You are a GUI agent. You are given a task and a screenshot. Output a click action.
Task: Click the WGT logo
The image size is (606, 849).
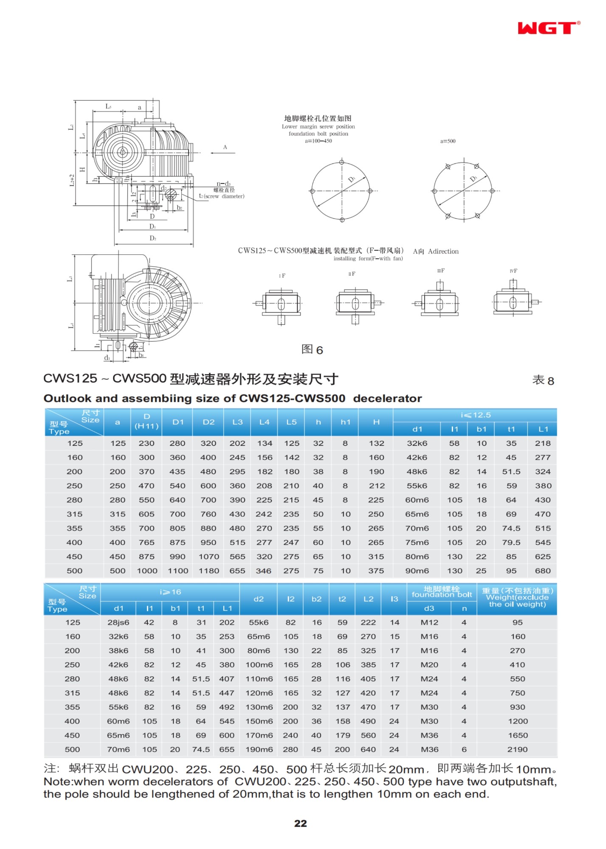pos(548,28)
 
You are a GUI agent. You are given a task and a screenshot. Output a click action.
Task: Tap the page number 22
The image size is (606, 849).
pos(300,823)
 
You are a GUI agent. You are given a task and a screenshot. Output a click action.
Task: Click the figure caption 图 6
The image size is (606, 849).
pos(312,349)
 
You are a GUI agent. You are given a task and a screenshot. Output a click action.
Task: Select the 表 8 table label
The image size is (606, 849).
pos(543,380)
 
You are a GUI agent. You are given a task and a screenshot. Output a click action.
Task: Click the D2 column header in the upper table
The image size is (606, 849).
pos(209,422)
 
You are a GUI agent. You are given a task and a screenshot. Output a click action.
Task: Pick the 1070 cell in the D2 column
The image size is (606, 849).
pos(209,557)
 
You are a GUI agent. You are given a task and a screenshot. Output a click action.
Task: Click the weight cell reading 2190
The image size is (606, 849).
pos(517,750)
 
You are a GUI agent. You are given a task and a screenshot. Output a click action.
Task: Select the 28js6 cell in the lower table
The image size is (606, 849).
pos(118,622)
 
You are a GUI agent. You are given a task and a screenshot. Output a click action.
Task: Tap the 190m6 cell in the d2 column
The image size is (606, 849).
pos(259,750)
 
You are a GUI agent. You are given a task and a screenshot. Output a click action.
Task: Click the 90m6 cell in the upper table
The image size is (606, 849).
pos(417,571)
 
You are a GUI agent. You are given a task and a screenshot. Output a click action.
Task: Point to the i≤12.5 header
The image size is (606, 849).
pos(475,415)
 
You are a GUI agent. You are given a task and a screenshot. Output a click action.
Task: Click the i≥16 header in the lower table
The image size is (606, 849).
pos(170,592)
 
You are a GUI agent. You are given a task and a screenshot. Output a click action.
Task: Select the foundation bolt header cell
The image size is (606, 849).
pos(442,592)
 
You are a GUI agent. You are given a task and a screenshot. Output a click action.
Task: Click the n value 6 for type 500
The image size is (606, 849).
pos(464,750)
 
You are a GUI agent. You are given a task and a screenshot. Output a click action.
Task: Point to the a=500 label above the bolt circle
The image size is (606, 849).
pos(448,141)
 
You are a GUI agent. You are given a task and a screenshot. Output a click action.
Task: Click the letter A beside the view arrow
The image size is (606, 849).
pos(225,147)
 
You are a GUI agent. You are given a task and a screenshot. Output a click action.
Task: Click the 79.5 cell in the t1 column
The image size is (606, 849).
pos(511,543)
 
